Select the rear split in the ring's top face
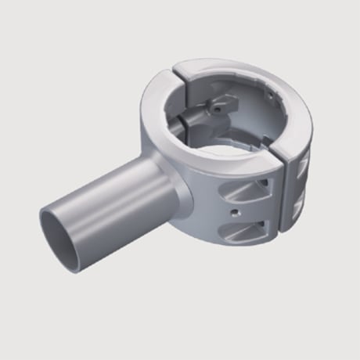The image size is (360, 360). coord(176,71)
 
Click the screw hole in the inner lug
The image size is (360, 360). coord(212,112)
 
